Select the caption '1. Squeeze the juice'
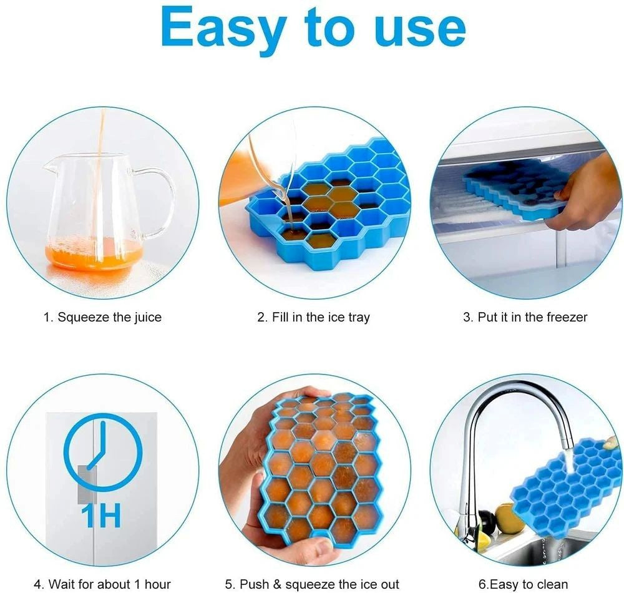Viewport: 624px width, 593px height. [x=102, y=317]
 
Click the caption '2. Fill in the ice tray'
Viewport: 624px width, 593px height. [x=313, y=317]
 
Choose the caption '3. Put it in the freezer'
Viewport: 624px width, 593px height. [x=525, y=317]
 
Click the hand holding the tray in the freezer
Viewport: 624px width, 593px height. [x=587, y=194]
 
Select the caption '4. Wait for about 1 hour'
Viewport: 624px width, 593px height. [x=102, y=584]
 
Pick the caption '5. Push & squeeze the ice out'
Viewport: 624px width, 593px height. [x=311, y=584]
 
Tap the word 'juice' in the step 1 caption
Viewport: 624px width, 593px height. [x=147, y=317]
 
